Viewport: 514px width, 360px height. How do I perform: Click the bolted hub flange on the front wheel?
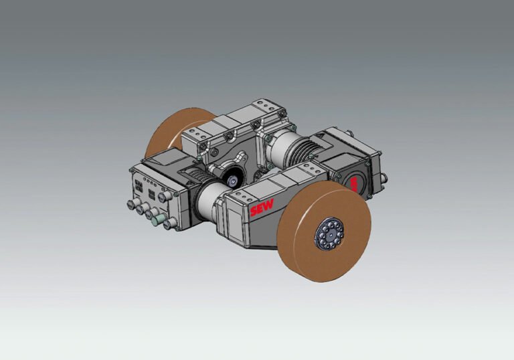point(329,234)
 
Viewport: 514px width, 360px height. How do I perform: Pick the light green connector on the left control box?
point(155,219)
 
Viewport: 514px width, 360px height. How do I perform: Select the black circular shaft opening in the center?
point(232,179)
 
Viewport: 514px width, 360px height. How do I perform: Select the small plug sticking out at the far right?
point(383,178)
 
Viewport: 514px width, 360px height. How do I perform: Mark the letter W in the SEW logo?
point(269,205)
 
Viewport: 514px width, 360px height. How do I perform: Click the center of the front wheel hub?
point(330,234)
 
